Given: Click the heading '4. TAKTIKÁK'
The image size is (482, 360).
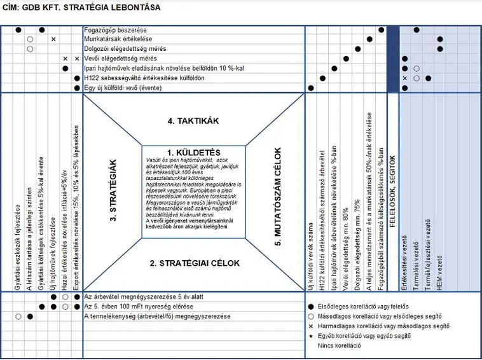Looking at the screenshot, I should coord(193,120).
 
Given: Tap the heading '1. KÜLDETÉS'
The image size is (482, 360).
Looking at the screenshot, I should coord(193,153).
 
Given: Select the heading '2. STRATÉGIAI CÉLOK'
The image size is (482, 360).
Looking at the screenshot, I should coord(194,263).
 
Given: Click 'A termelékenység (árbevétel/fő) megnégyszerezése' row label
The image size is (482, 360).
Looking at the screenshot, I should coord(157,316).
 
